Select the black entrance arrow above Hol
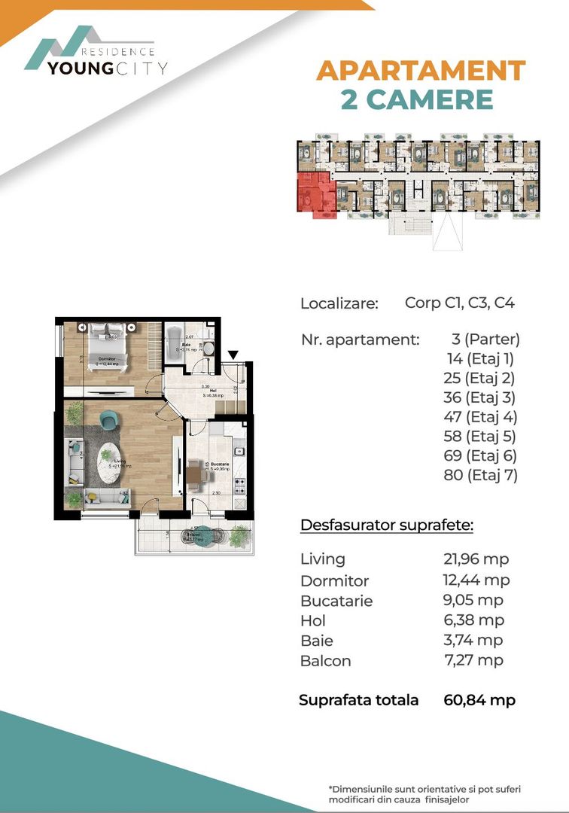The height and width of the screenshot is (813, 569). click(233, 355)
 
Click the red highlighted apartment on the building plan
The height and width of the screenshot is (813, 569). click(315, 194)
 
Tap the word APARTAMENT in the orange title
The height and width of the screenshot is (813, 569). click(420, 71)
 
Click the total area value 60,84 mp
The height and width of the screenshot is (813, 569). click(479, 700)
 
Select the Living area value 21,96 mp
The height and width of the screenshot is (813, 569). click(476, 559)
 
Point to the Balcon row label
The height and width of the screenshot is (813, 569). click(325, 661)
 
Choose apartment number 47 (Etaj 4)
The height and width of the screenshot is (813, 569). click(482, 416)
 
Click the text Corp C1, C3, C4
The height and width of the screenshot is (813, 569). click(459, 303)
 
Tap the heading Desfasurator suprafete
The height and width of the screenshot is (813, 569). click(386, 525)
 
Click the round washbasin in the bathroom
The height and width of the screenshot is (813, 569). click(209, 349)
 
